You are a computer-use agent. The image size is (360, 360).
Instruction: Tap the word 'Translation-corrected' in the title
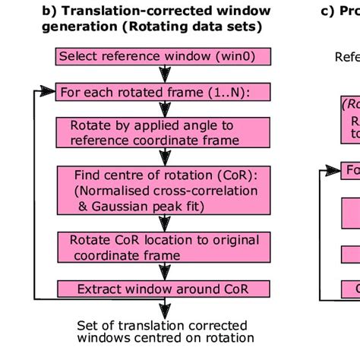click(x=135, y=11)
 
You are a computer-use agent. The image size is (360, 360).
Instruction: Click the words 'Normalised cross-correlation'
click(x=160, y=191)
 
